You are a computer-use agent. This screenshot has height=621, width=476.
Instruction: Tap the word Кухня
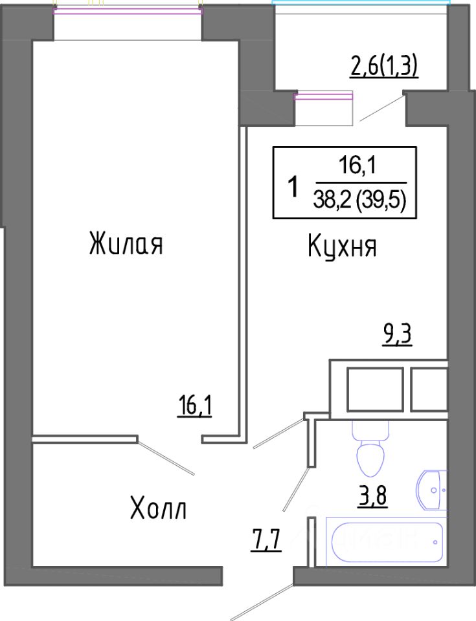click(342, 246)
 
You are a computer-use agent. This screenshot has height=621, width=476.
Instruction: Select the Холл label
click(158, 508)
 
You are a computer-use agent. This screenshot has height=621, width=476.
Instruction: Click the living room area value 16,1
click(194, 407)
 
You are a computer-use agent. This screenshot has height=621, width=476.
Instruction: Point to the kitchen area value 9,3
click(397, 336)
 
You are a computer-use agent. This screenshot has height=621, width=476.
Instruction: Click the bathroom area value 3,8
click(372, 496)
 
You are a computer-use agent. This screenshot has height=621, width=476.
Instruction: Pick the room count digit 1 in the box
click(293, 187)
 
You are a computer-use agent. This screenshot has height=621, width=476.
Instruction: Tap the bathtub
click(387, 542)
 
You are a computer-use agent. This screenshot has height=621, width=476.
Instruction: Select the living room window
click(128, 11)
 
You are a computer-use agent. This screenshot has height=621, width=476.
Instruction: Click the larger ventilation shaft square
click(375, 389)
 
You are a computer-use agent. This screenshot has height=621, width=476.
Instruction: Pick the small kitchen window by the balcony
click(323, 96)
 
